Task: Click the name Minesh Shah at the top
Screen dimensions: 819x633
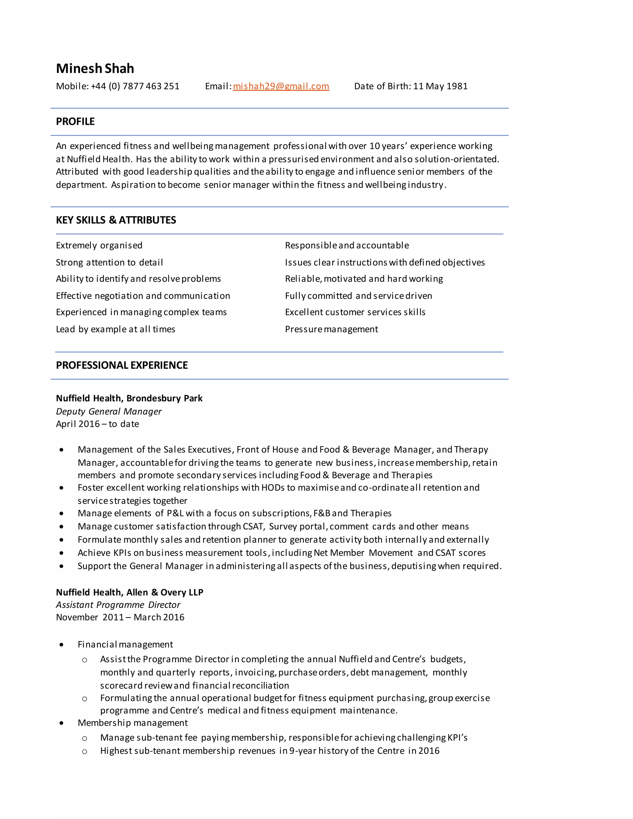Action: [95, 69]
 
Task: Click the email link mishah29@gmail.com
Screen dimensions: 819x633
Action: [281, 86]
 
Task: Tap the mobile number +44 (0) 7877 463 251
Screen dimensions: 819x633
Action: [135, 86]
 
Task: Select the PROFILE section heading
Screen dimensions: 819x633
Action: [75, 121]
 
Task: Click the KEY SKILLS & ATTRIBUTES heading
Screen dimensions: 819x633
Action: [116, 220]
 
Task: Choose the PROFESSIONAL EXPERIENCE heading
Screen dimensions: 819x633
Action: [122, 365]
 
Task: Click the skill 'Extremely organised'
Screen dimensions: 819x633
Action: [99, 245]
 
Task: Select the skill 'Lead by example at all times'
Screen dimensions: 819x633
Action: [116, 329]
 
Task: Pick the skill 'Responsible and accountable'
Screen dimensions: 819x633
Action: [347, 245]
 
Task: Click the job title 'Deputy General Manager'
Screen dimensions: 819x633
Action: [109, 411]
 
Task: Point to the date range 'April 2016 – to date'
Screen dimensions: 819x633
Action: [97, 424]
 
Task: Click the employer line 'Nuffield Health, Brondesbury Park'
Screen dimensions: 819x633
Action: [129, 398]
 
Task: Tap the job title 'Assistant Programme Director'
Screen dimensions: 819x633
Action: [118, 605]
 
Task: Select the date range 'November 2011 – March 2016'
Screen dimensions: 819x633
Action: [120, 617]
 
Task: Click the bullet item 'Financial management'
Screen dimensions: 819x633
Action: [125, 644]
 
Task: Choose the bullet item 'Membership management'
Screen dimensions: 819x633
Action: [133, 723]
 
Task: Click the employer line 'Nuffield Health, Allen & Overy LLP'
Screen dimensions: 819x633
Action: [130, 592]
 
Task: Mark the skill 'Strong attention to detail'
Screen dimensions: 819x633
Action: [109, 262]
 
